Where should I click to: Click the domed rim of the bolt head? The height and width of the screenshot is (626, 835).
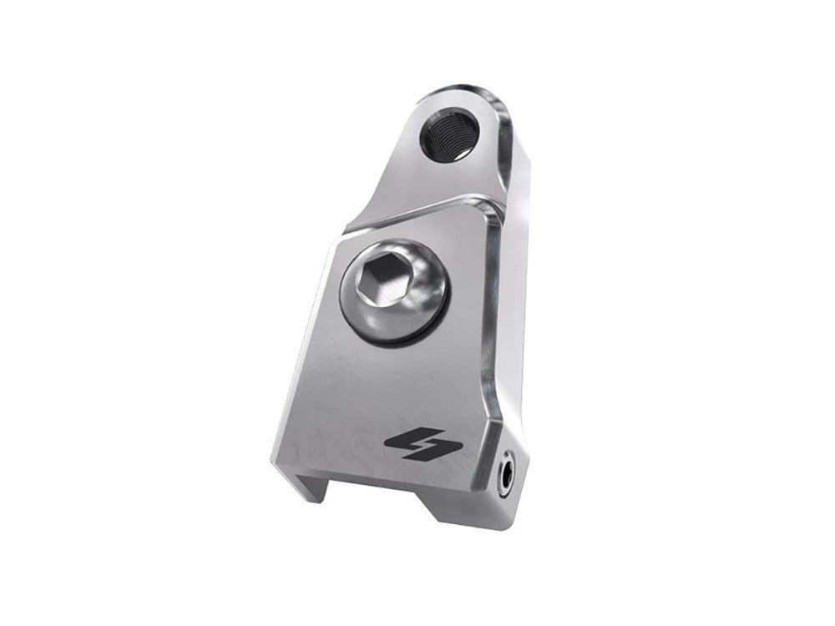coord(417,309)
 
